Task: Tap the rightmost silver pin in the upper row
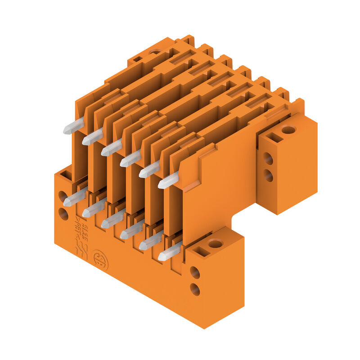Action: click(168, 181)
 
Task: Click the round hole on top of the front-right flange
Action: click(215, 244)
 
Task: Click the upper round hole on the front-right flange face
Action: click(195, 272)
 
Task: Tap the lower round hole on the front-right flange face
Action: click(195, 289)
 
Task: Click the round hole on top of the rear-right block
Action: click(288, 130)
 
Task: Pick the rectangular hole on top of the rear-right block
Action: click(274, 138)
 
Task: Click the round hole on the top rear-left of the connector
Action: click(154, 52)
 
